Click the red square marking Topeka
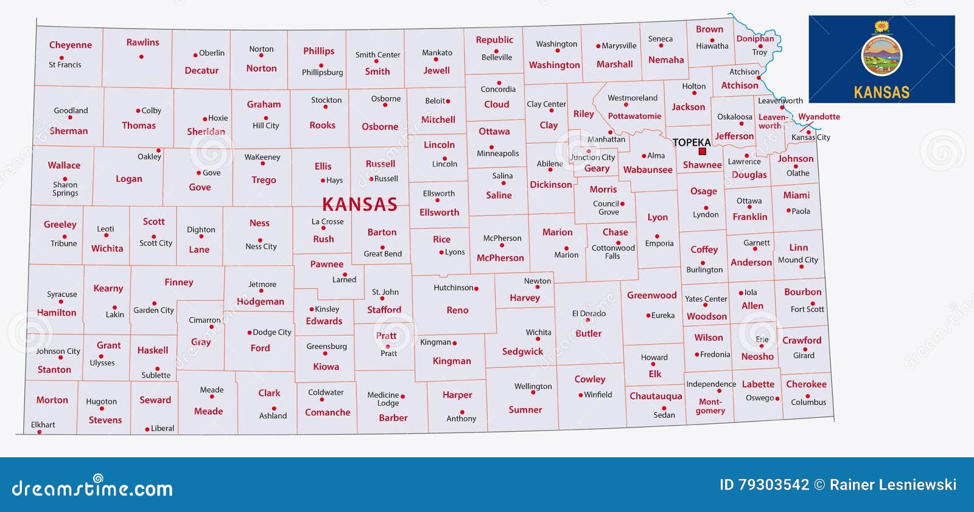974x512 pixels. pos(702,151)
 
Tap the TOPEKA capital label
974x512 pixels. pos(692,142)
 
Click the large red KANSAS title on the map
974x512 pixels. pos(359,204)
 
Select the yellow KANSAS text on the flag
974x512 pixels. pos(881,92)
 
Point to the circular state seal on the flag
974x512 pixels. pos(881,55)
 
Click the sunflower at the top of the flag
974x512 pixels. pos(881,26)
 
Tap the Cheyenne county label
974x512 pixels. pos(71,45)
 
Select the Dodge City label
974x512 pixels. pos(272,332)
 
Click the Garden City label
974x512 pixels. pos(153,310)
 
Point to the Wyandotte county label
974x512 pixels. pos(819,117)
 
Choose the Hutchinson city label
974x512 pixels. pos(453,288)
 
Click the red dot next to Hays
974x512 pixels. pos(323,181)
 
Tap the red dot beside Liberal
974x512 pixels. pos(147,429)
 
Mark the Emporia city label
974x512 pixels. pos(659,243)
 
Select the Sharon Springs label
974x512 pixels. pos(65,189)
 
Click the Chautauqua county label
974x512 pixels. pos(656,396)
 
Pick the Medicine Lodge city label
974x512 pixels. pos(384,399)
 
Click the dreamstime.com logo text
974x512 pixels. pos(93,488)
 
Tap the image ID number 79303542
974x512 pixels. pos(773,485)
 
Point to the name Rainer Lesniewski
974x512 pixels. pos(893,485)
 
